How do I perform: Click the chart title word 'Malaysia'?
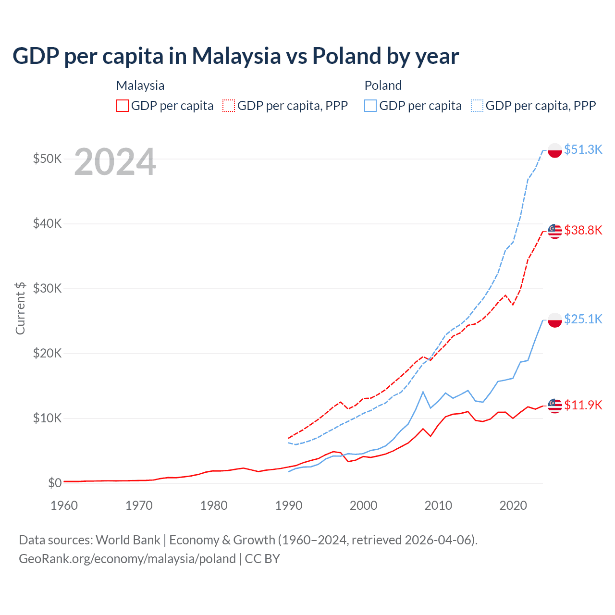[236, 56]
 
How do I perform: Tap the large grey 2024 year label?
[115, 162]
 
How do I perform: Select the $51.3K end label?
[583, 149]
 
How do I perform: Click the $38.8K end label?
[583, 230]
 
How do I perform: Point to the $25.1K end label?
[583, 319]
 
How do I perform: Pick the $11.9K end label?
[583, 405]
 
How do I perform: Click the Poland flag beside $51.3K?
[555, 150]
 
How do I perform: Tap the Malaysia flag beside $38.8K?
[555, 231]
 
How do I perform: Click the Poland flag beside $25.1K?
[555, 320]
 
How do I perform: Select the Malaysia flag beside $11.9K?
[555, 406]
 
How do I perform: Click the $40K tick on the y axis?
[47, 223]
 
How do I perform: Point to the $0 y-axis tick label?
[55, 483]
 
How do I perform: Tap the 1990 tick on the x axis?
[289, 505]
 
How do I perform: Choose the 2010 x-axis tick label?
[438, 505]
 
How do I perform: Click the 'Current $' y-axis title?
[20, 308]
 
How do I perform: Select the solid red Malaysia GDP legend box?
[123, 106]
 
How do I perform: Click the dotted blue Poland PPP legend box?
[477, 106]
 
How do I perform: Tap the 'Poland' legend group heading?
[383, 86]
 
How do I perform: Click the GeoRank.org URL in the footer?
[127, 559]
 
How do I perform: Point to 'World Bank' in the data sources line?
[128, 540]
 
